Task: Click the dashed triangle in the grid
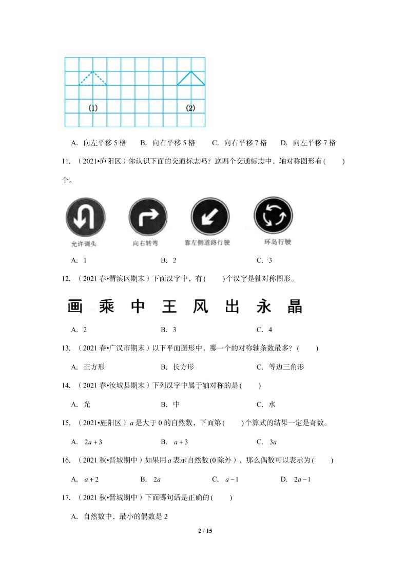pos(93,79)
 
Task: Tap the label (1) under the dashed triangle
pos(93,108)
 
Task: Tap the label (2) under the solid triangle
pos(190,108)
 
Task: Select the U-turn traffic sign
pos(85,218)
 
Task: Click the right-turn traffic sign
pos(148,218)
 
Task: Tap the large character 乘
pos(106,307)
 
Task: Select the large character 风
pos(200,307)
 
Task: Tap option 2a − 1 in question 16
pos(303,479)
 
